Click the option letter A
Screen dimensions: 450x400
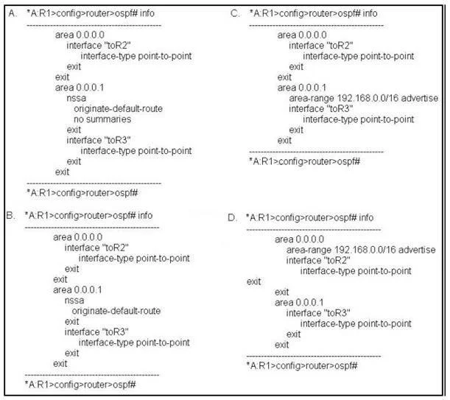[x=13, y=13]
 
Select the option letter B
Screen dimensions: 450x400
[x=10, y=215]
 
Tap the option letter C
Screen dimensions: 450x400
[x=235, y=13]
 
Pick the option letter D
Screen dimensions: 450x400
[x=233, y=217]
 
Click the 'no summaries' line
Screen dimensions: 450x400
[x=102, y=119]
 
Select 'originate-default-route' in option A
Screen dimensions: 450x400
[x=119, y=109]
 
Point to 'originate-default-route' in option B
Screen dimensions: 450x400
[x=116, y=311]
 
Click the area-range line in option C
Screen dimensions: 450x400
[x=364, y=98]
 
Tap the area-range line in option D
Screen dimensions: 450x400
[x=361, y=250]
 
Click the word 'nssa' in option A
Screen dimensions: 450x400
[x=77, y=98]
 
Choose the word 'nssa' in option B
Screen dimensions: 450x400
[x=74, y=301]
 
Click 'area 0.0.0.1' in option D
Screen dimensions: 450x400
[x=299, y=302]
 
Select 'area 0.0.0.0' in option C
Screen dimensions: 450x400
[x=302, y=35]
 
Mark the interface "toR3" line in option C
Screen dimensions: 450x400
[x=321, y=109]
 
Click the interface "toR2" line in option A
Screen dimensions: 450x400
[x=99, y=46]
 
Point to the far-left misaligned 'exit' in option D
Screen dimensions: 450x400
[x=253, y=281]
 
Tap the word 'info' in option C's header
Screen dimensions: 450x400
[x=370, y=13]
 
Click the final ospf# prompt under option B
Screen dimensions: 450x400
[x=80, y=385]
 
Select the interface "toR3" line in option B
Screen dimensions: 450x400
[x=96, y=332]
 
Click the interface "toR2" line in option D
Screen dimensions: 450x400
[x=318, y=261]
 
